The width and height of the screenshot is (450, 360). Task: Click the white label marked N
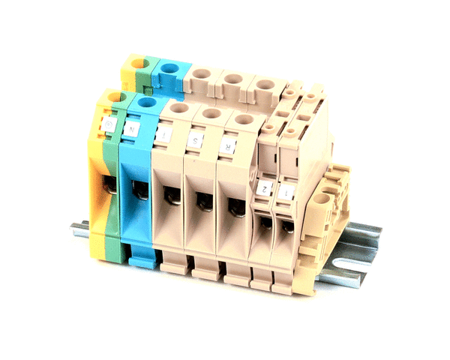click(133, 128)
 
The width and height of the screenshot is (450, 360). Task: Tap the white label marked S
click(196, 140)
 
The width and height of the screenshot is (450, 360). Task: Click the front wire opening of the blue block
click(139, 189)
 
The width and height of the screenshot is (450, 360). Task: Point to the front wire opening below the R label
click(235, 205)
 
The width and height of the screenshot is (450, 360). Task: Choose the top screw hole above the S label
click(211, 113)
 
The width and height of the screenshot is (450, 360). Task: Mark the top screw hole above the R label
click(241, 118)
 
